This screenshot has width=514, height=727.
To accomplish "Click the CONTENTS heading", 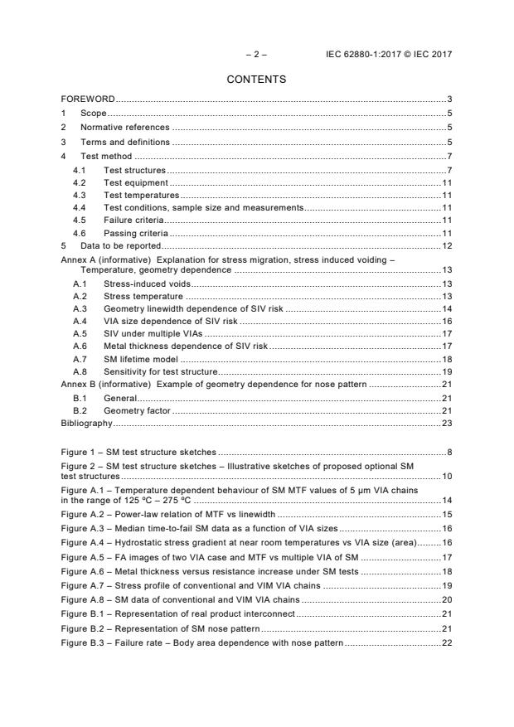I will [256, 80].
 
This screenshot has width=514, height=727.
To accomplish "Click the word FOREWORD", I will [88, 99].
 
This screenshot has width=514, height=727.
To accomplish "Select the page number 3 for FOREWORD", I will [449, 99].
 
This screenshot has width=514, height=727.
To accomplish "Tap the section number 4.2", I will [80, 182].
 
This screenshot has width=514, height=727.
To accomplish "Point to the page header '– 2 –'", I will [256, 54].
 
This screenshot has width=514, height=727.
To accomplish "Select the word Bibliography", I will [86, 423].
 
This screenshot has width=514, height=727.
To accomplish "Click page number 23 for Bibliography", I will [446, 423].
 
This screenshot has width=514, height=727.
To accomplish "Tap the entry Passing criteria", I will [135, 234].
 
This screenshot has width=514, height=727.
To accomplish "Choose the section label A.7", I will [80, 359].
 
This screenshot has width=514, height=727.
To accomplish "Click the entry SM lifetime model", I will [141, 359].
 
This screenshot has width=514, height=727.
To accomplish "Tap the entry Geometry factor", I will [137, 410].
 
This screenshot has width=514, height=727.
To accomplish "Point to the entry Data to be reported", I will [119, 246].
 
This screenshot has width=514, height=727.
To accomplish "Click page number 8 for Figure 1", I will [449, 453].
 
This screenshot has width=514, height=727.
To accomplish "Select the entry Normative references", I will [124, 128].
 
